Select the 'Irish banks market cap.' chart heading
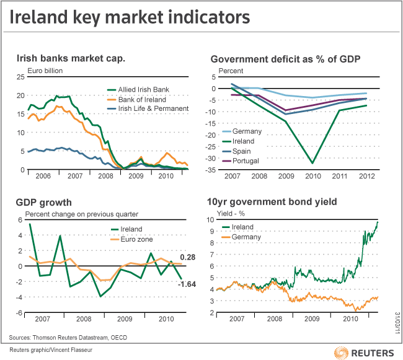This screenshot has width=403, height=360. point(71,59)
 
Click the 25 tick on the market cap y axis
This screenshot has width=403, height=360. point(20,77)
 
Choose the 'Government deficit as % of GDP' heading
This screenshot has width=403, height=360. point(286,59)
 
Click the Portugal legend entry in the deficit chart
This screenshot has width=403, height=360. point(246,161)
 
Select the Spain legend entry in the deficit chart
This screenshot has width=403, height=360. point(242,151)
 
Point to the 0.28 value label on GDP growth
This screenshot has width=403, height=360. point(188,257)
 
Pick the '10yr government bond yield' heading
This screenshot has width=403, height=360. point(280,203)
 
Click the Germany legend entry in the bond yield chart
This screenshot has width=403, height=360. point(246,237)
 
